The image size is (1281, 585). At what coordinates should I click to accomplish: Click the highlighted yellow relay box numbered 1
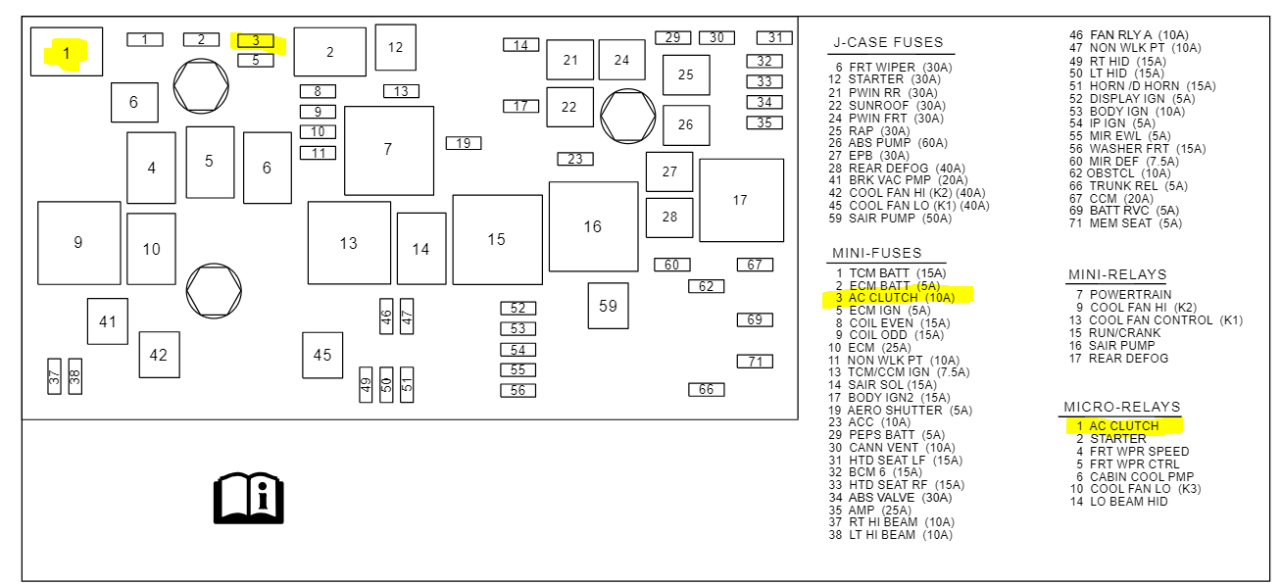(67, 52)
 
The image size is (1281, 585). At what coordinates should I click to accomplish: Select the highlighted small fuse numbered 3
(256, 40)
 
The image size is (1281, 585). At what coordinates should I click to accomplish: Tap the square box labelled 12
(395, 47)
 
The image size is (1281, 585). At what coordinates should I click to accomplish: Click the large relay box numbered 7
(389, 150)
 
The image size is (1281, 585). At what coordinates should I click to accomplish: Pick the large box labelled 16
(593, 226)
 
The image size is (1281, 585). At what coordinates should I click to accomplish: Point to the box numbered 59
(608, 306)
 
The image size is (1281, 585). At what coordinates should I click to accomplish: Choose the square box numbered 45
(322, 355)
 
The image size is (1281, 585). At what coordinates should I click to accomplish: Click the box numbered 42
(159, 355)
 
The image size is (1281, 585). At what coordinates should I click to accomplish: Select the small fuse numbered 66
(706, 390)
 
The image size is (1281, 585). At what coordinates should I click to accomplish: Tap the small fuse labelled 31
(774, 38)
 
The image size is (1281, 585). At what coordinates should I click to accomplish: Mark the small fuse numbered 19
(464, 143)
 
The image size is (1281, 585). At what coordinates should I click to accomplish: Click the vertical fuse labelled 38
(74, 376)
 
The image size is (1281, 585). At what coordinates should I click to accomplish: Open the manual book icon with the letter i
(249, 498)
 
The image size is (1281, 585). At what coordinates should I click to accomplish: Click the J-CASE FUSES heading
(888, 43)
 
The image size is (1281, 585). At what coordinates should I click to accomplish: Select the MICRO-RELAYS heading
(1122, 407)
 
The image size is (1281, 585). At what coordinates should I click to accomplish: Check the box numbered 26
(686, 124)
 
